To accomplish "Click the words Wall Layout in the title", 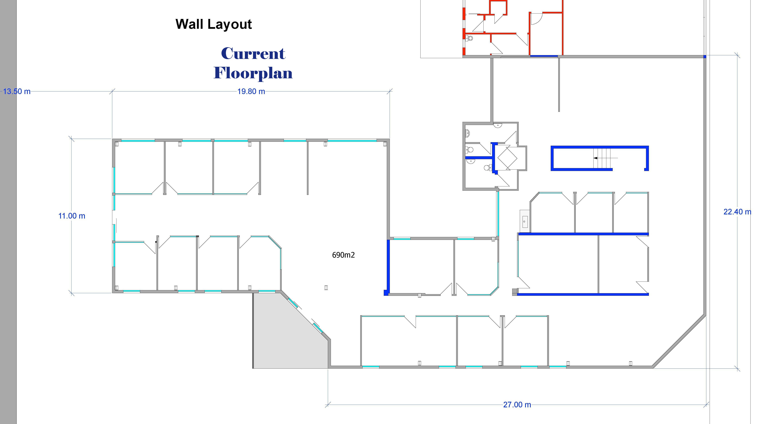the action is [214, 24].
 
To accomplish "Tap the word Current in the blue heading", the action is [253, 54].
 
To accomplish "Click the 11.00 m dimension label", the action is [72, 216].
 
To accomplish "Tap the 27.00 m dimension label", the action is [517, 405].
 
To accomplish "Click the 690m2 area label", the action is [343, 255].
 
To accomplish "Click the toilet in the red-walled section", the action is [469, 38].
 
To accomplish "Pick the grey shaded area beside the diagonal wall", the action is [286, 334].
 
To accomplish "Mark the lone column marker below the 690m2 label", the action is [326, 288].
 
